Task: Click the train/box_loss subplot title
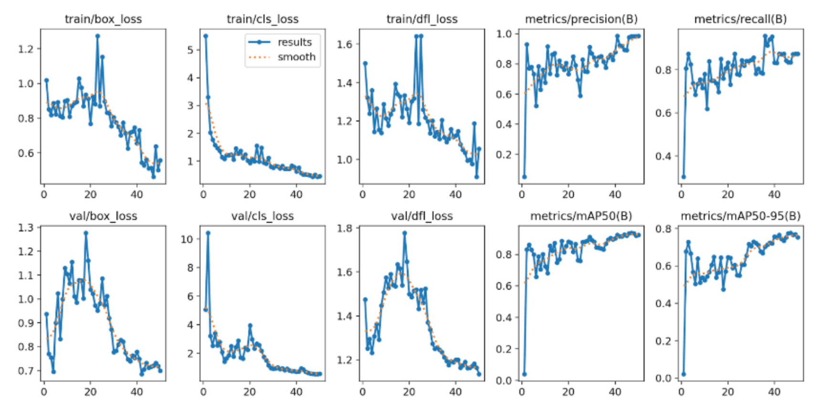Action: click(x=103, y=19)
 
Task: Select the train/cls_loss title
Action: click(x=263, y=19)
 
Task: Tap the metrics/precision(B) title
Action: click(x=581, y=19)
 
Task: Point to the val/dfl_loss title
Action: click(x=422, y=216)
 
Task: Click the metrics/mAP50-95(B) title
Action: click(x=740, y=216)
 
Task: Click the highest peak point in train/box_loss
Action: click(x=97, y=36)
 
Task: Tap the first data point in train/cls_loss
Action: click(x=206, y=36)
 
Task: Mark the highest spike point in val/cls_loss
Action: click(x=208, y=233)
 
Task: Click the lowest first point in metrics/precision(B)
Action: click(x=524, y=177)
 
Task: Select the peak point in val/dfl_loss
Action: click(x=404, y=233)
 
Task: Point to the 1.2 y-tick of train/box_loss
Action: click(x=26, y=49)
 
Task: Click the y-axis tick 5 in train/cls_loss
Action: click(x=190, y=50)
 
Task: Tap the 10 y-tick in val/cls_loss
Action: click(x=187, y=239)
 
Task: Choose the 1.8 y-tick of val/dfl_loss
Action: click(x=345, y=229)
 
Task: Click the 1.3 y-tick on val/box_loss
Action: click(x=26, y=228)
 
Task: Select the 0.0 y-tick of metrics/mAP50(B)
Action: click(x=504, y=381)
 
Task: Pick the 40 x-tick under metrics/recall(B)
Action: click(x=774, y=195)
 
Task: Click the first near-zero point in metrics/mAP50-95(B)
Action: click(x=684, y=374)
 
